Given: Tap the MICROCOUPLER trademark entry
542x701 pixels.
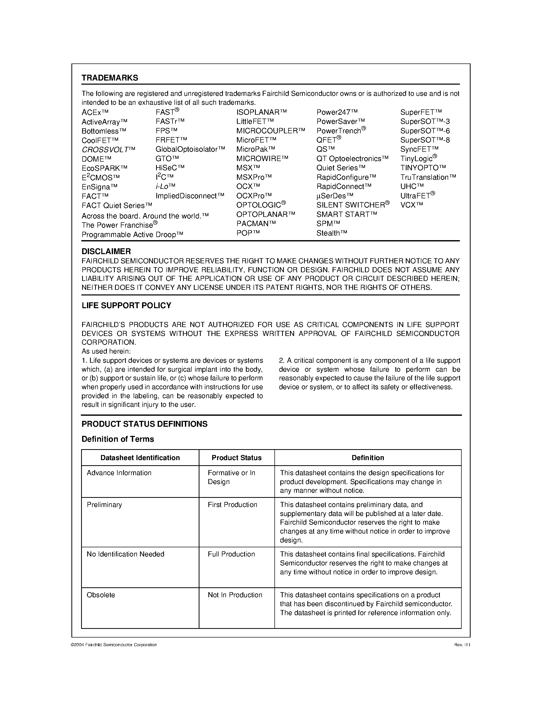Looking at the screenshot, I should [x=270, y=131].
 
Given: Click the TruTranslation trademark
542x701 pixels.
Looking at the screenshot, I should [x=428, y=177].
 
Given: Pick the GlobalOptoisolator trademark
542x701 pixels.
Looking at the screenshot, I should [x=190, y=149].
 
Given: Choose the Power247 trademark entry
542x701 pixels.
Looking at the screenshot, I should [x=337, y=112].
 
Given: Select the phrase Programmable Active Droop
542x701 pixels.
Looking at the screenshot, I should [x=132, y=235].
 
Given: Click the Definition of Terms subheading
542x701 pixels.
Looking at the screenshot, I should [x=118, y=439].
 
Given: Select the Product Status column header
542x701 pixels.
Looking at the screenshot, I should [x=236, y=458].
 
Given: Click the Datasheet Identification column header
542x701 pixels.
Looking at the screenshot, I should [x=140, y=458].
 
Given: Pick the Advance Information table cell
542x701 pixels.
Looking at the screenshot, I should [x=119, y=473].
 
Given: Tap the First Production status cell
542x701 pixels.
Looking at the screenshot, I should [x=232, y=504].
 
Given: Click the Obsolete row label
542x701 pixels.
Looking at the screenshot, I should [x=100, y=595].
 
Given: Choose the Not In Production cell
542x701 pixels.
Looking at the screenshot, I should [x=235, y=595].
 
